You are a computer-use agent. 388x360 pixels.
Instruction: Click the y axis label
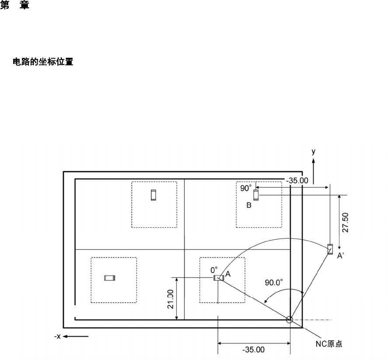click(313, 152)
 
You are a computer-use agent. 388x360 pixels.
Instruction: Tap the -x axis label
click(57, 337)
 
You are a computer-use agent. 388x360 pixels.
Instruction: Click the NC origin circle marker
click(290, 320)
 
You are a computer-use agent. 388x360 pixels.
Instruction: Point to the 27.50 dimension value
click(346, 223)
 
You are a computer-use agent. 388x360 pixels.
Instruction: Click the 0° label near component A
click(214, 270)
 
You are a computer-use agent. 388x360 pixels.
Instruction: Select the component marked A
click(218, 278)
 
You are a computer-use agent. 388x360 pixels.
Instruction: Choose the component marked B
click(256, 195)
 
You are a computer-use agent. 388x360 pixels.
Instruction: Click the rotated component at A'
click(330, 249)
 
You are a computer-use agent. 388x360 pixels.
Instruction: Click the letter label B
click(248, 205)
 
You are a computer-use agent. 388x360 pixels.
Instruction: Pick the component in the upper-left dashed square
click(153, 195)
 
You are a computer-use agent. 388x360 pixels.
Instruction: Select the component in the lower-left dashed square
click(109, 278)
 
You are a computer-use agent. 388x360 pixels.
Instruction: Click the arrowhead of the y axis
click(313, 161)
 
